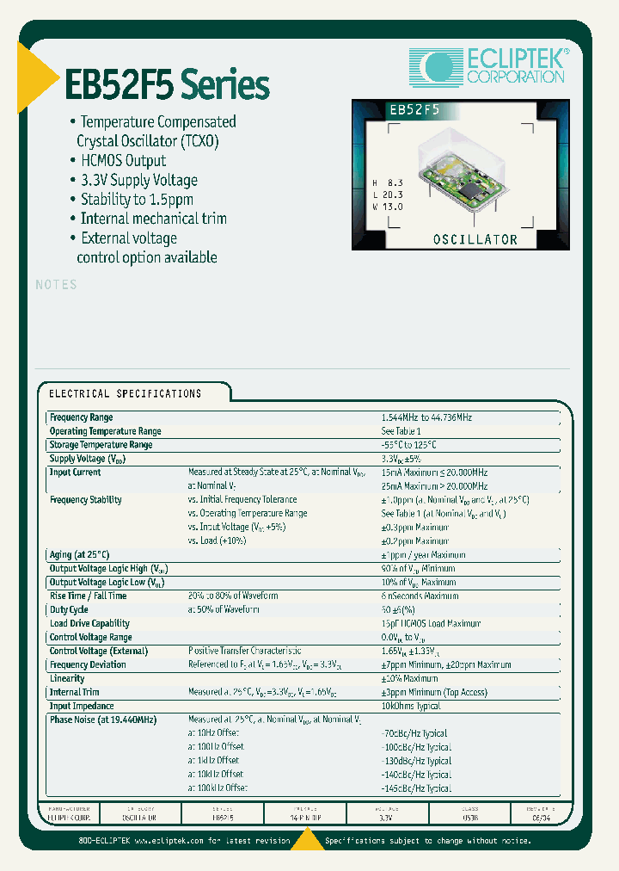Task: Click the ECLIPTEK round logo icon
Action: pos(437,66)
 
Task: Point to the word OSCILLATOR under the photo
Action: pos(476,239)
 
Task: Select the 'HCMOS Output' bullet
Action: pos(123,161)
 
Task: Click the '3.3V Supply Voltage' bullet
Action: pos(138,180)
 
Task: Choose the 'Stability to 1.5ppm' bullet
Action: pos(137,199)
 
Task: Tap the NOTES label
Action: pos(57,285)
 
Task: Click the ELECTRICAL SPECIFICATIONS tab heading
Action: pos(125,393)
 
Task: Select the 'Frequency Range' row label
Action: pos(81,417)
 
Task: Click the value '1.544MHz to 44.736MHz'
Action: pos(427,417)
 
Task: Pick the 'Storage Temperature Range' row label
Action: pos(101,445)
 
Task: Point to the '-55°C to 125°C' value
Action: pos(409,445)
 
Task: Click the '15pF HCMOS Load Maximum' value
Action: pos(426,623)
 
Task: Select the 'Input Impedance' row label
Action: pos(82,706)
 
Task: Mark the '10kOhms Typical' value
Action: pos(410,706)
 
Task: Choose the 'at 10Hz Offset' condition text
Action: pos(214,733)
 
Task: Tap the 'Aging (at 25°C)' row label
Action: pos(79,555)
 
